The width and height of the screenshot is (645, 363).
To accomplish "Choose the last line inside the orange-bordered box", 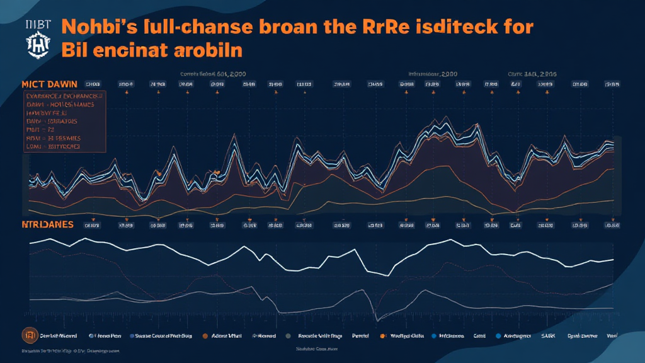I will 54,146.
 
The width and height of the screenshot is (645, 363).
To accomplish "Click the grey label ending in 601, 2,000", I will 213,73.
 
